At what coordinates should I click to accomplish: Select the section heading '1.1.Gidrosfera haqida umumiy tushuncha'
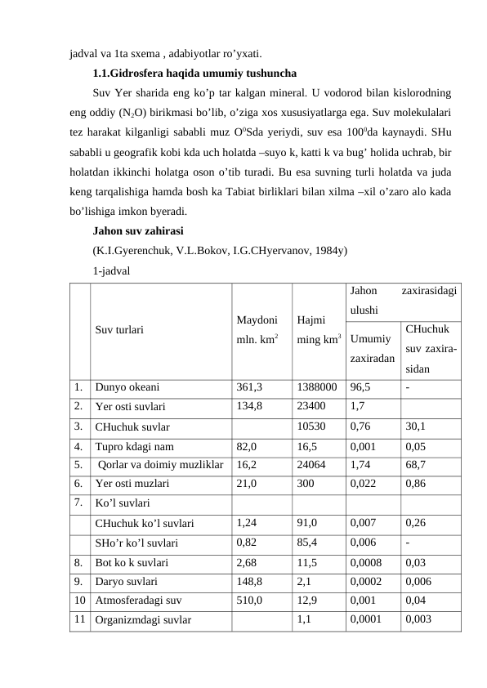pos(189,71)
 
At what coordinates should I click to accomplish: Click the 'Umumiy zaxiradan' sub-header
pos(371,350)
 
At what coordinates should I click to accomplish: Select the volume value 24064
pos(311,465)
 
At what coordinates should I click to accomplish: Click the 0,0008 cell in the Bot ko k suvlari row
pos(367,563)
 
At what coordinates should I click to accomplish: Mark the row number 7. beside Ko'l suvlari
pos(76,502)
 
